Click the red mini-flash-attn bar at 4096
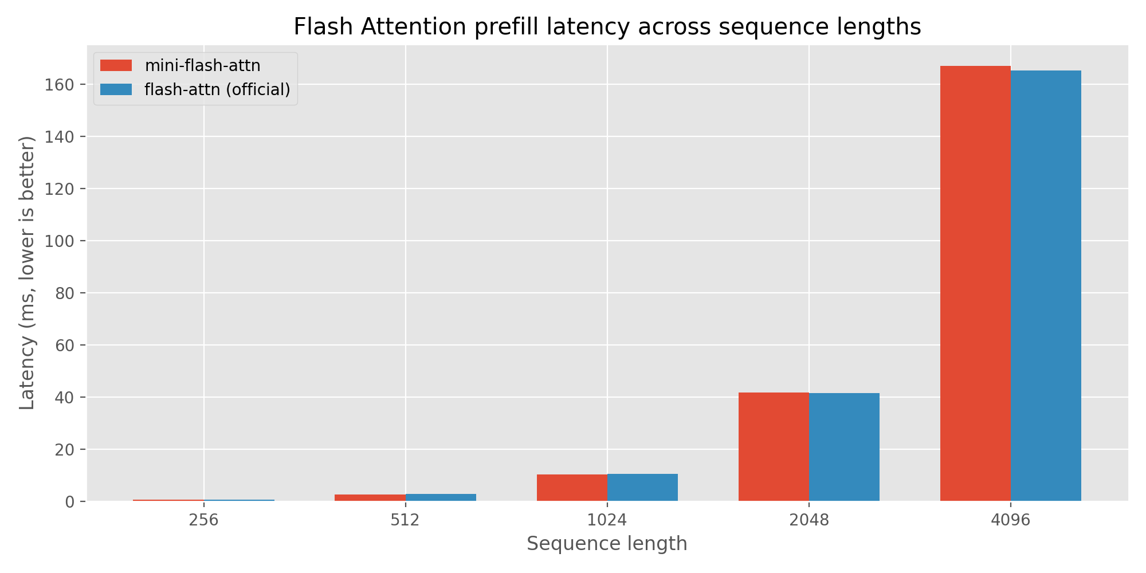[x=975, y=284]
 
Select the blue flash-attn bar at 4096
[x=1046, y=286]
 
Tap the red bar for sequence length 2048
[x=774, y=447]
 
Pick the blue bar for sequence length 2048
[x=844, y=447]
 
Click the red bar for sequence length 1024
[x=572, y=488]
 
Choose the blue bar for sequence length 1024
[x=642, y=488]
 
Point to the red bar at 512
[x=370, y=497]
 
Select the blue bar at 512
[x=441, y=497]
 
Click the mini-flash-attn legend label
[x=202, y=66]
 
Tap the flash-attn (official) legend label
[x=217, y=89]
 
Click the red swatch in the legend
[x=116, y=66]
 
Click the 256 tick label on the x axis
[x=203, y=520]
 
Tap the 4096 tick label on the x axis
[x=1011, y=520]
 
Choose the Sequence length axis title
[x=607, y=544]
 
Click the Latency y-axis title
[x=27, y=273]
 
